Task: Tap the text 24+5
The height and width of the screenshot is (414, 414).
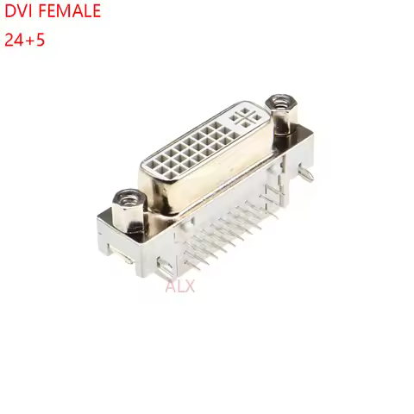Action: coord(25,40)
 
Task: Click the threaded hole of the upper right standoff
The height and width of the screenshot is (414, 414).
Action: coord(279,103)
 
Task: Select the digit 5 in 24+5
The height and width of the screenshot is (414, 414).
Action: coord(41,40)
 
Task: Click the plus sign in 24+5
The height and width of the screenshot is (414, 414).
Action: coord(30,40)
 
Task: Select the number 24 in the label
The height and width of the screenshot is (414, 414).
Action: coord(15,40)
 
